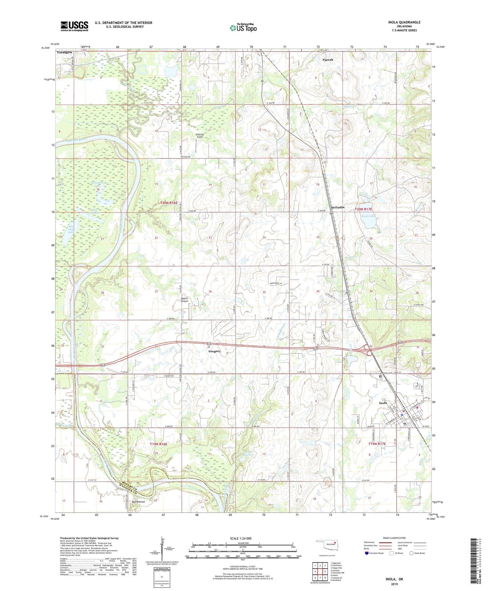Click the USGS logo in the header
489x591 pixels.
click(74, 26)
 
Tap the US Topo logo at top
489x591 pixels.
click(243, 28)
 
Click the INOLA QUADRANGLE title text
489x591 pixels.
click(404, 22)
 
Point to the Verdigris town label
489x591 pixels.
click(64, 53)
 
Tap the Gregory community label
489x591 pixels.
click(214, 351)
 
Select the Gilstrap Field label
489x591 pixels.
click(200, 135)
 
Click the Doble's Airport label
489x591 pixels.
click(184, 300)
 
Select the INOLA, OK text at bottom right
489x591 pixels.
click(394, 579)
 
